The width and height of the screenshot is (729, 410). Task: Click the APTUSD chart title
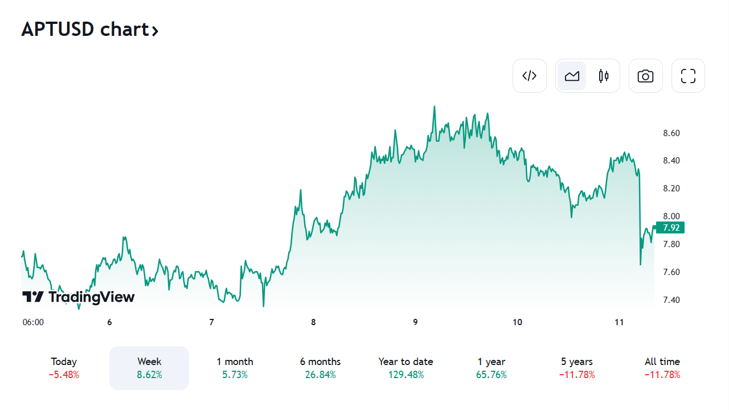point(89,29)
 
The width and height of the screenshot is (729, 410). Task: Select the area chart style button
point(572,76)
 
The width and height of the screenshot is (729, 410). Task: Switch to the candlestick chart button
point(604,76)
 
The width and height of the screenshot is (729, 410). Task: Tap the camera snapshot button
point(645,76)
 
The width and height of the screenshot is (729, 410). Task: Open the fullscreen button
point(688,76)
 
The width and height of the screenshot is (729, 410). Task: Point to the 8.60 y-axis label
point(671,133)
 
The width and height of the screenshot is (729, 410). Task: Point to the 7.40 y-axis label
point(671,300)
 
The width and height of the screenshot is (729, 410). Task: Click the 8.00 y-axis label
point(671,216)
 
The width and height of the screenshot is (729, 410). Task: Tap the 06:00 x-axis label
point(33,322)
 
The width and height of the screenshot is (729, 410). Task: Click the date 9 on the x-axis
point(415,322)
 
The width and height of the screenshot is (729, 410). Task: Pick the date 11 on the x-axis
point(620,322)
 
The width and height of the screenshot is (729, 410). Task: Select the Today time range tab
point(64,368)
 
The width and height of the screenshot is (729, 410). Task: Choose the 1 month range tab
point(235,368)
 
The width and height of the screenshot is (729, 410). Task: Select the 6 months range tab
point(320,368)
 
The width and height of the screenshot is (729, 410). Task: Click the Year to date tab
point(406,368)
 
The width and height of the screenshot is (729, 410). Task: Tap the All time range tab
point(662,368)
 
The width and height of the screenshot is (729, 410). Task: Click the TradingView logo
point(79,297)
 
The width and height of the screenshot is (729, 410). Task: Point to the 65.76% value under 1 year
point(491,375)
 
